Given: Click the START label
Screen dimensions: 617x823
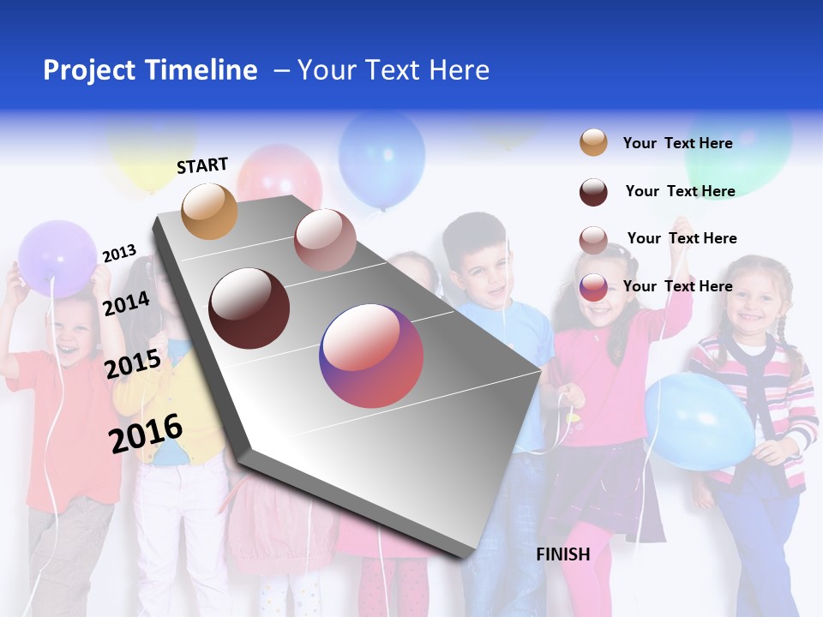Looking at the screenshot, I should pos(202,165).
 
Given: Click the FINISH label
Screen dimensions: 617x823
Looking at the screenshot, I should pos(562,554).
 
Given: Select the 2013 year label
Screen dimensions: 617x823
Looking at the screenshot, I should pos(119,254).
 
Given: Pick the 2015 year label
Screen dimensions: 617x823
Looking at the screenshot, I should pos(133,364).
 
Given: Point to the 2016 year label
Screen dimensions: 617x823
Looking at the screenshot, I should pos(146,433).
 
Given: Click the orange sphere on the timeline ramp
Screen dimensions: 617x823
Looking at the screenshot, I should pos(210,211).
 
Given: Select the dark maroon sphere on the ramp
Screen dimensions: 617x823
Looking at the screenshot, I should pos(249,308).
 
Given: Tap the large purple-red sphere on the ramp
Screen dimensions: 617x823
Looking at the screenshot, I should pos(371,356).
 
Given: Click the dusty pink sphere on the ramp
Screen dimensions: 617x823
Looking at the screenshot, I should pos(325,240).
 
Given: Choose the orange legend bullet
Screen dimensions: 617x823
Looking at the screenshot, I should pos(593,142).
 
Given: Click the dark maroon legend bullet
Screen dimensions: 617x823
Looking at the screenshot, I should pos(593,192).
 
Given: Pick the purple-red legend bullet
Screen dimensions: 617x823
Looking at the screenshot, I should pos(593,287).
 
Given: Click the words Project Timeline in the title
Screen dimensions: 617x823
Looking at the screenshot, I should pos(150,70).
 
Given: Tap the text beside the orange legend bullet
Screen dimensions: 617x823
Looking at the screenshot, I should pos(677,143).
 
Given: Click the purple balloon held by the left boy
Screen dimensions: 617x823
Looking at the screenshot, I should pos(57,258).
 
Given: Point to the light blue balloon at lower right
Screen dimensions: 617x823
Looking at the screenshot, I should pos(699,421).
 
